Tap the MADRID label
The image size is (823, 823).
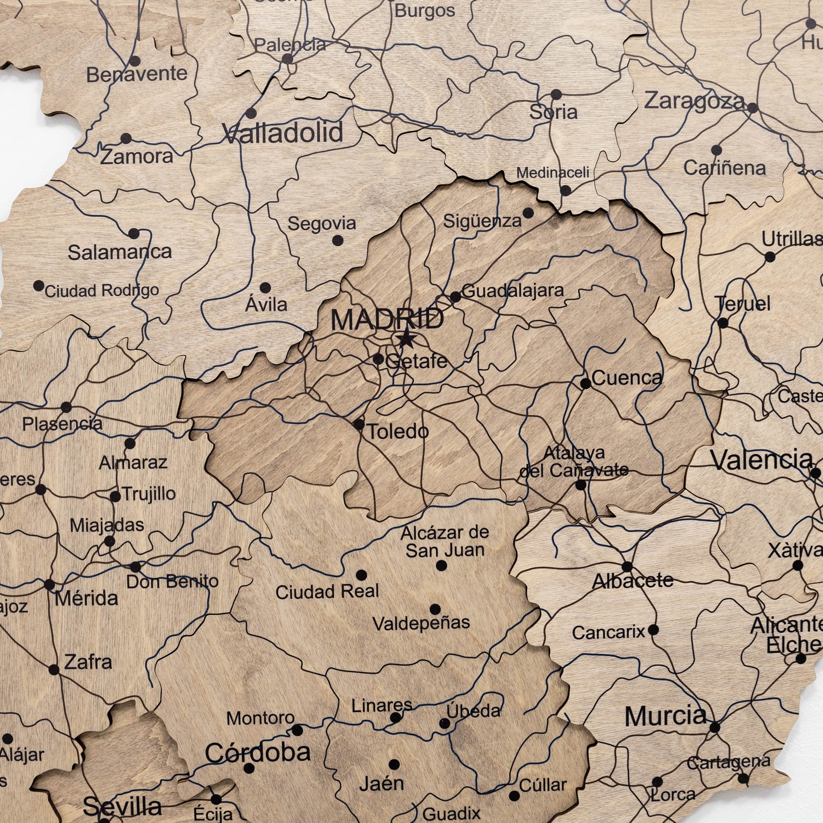(387, 319)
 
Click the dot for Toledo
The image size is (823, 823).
(359, 424)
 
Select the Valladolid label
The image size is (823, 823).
(283, 133)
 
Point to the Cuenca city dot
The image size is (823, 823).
(586, 384)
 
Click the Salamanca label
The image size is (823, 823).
(120, 252)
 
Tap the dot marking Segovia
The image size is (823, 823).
(338, 241)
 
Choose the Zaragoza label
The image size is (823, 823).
(694, 101)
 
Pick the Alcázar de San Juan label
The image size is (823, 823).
(445, 542)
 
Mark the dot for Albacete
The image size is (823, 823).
(627, 567)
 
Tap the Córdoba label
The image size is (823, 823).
(258, 753)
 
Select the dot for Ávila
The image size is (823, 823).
(265, 288)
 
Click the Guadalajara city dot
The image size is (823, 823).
(455, 297)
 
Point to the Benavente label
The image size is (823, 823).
(137, 74)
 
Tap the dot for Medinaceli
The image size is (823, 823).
(565, 191)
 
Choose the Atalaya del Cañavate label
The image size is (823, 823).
(574, 461)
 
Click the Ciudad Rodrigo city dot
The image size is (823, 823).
(39, 286)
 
